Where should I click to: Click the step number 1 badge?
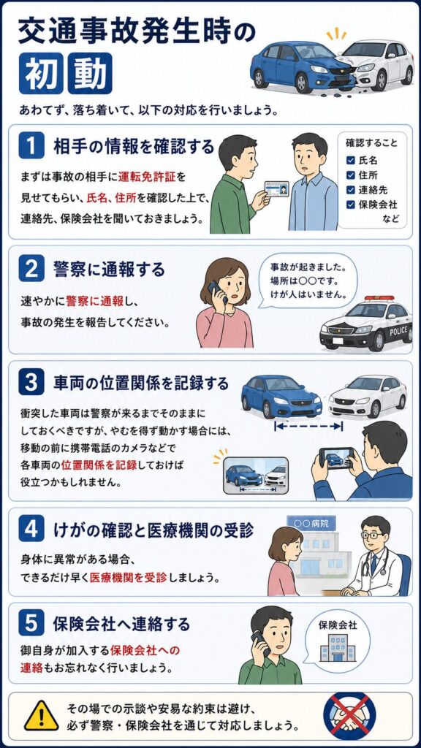coord(31,146)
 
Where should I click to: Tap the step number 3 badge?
coord(31,383)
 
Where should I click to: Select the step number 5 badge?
coord(31,624)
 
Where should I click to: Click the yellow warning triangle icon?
coord(42,716)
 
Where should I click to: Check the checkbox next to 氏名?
coord(350,160)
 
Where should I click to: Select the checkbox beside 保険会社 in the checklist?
coord(350,205)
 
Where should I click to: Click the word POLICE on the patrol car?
coord(398,331)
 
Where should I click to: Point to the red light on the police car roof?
coord(379,298)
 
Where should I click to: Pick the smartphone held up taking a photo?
coord(336,458)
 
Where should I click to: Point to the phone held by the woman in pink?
coord(216,291)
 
